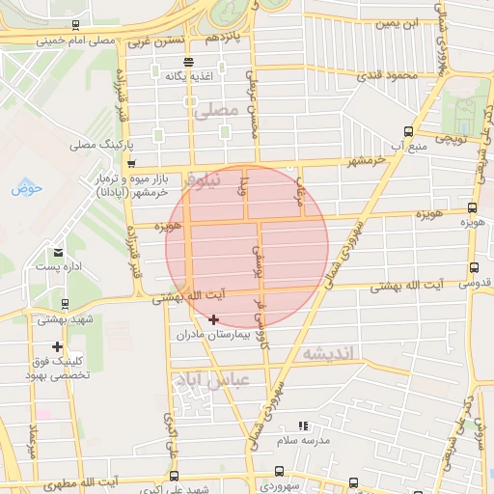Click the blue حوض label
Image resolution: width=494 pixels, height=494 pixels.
point(27,187)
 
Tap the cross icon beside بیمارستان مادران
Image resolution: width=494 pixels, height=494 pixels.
point(213,319)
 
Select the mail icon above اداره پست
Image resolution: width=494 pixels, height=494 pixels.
point(59,252)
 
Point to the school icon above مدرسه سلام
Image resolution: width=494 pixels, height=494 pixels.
point(303,425)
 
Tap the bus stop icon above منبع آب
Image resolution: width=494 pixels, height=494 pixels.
point(408,131)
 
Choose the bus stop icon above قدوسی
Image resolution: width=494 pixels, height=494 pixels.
point(473,267)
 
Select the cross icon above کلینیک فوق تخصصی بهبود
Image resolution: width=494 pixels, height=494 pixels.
point(58,346)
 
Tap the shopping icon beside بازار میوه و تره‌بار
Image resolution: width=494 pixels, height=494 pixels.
point(130,163)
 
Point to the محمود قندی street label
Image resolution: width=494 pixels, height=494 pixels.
point(386,75)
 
